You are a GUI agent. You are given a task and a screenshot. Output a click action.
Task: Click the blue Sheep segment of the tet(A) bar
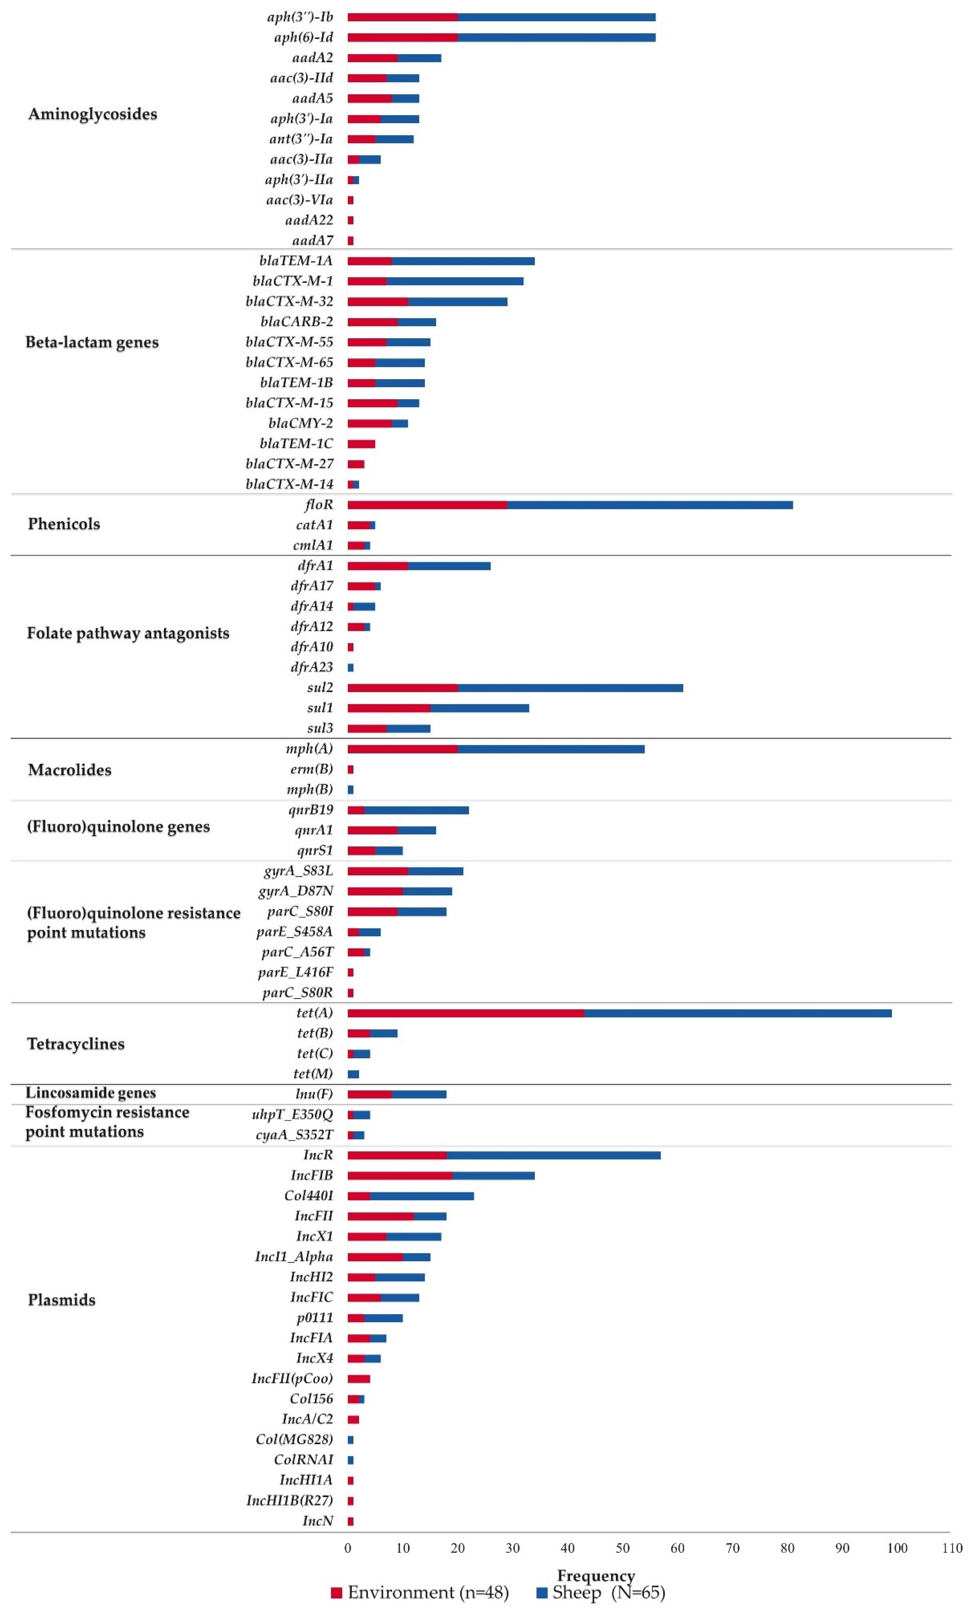(x=737, y=1013)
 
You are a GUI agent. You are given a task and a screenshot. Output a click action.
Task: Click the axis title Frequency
(x=596, y=1575)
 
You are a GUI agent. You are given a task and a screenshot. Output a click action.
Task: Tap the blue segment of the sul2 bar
(x=570, y=687)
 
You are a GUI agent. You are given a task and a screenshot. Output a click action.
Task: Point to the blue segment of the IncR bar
(x=553, y=1155)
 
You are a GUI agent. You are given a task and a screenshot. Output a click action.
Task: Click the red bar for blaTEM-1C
(x=361, y=444)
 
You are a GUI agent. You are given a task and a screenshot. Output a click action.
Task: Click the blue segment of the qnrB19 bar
(x=417, y=810)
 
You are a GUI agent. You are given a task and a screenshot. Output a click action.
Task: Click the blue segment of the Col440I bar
(x=422, y=1196)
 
